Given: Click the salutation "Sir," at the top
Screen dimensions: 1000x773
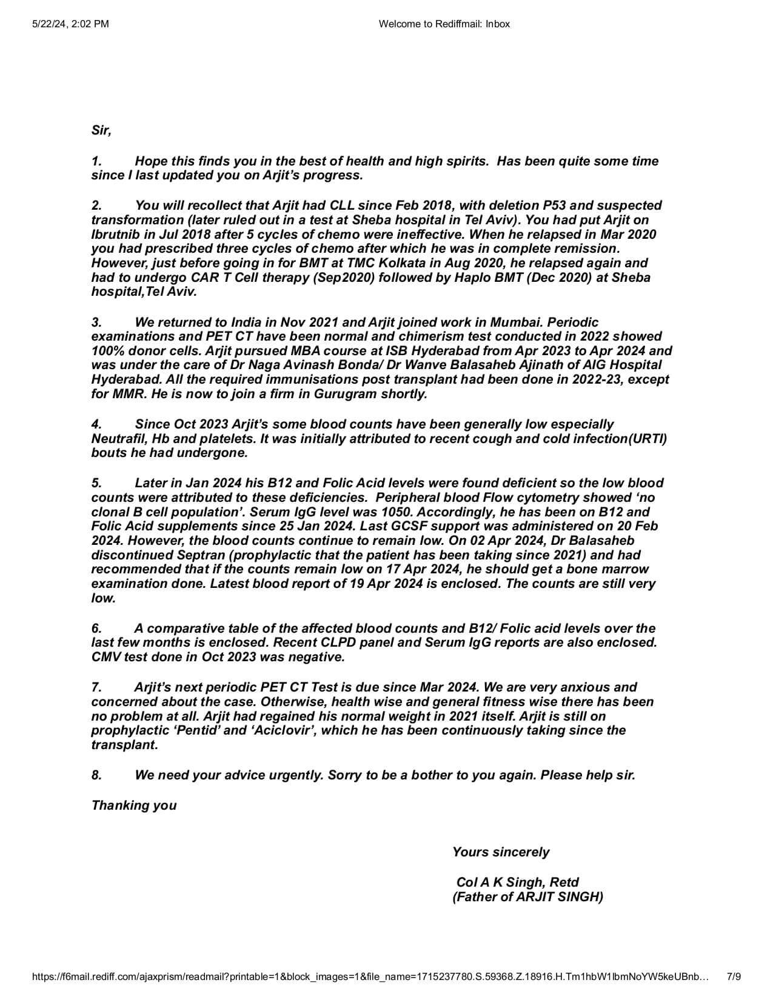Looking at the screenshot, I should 101,130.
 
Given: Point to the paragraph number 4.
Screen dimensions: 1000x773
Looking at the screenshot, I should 96,424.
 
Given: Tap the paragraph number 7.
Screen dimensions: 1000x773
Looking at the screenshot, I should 96,687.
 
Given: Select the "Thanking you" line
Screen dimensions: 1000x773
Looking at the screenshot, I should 134,805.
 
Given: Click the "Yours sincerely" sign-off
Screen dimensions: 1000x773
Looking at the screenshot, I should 501,852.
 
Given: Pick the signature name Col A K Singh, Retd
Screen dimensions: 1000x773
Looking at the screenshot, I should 517,882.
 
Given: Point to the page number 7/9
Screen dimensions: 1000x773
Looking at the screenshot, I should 734,976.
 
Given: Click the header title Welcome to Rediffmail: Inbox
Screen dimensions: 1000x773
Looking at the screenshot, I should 444,24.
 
